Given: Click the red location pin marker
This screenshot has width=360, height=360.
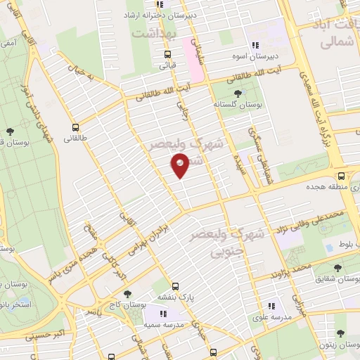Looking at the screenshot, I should click(180, 165).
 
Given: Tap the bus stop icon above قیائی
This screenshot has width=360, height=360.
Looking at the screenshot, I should click(167, 54).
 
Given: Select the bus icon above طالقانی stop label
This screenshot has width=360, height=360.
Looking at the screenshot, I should click(75, 127).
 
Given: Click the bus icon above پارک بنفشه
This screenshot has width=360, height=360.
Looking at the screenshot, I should click(175, 286).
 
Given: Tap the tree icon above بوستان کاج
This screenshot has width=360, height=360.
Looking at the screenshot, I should click(126, 294).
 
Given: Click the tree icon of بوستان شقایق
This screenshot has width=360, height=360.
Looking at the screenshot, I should click(339, 268).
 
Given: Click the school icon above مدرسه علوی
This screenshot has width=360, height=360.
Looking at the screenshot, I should click(271, 306).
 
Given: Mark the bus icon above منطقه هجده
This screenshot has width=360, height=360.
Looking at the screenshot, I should click(340, 176).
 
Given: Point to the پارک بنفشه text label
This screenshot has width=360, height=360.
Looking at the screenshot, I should click(176, 297).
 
